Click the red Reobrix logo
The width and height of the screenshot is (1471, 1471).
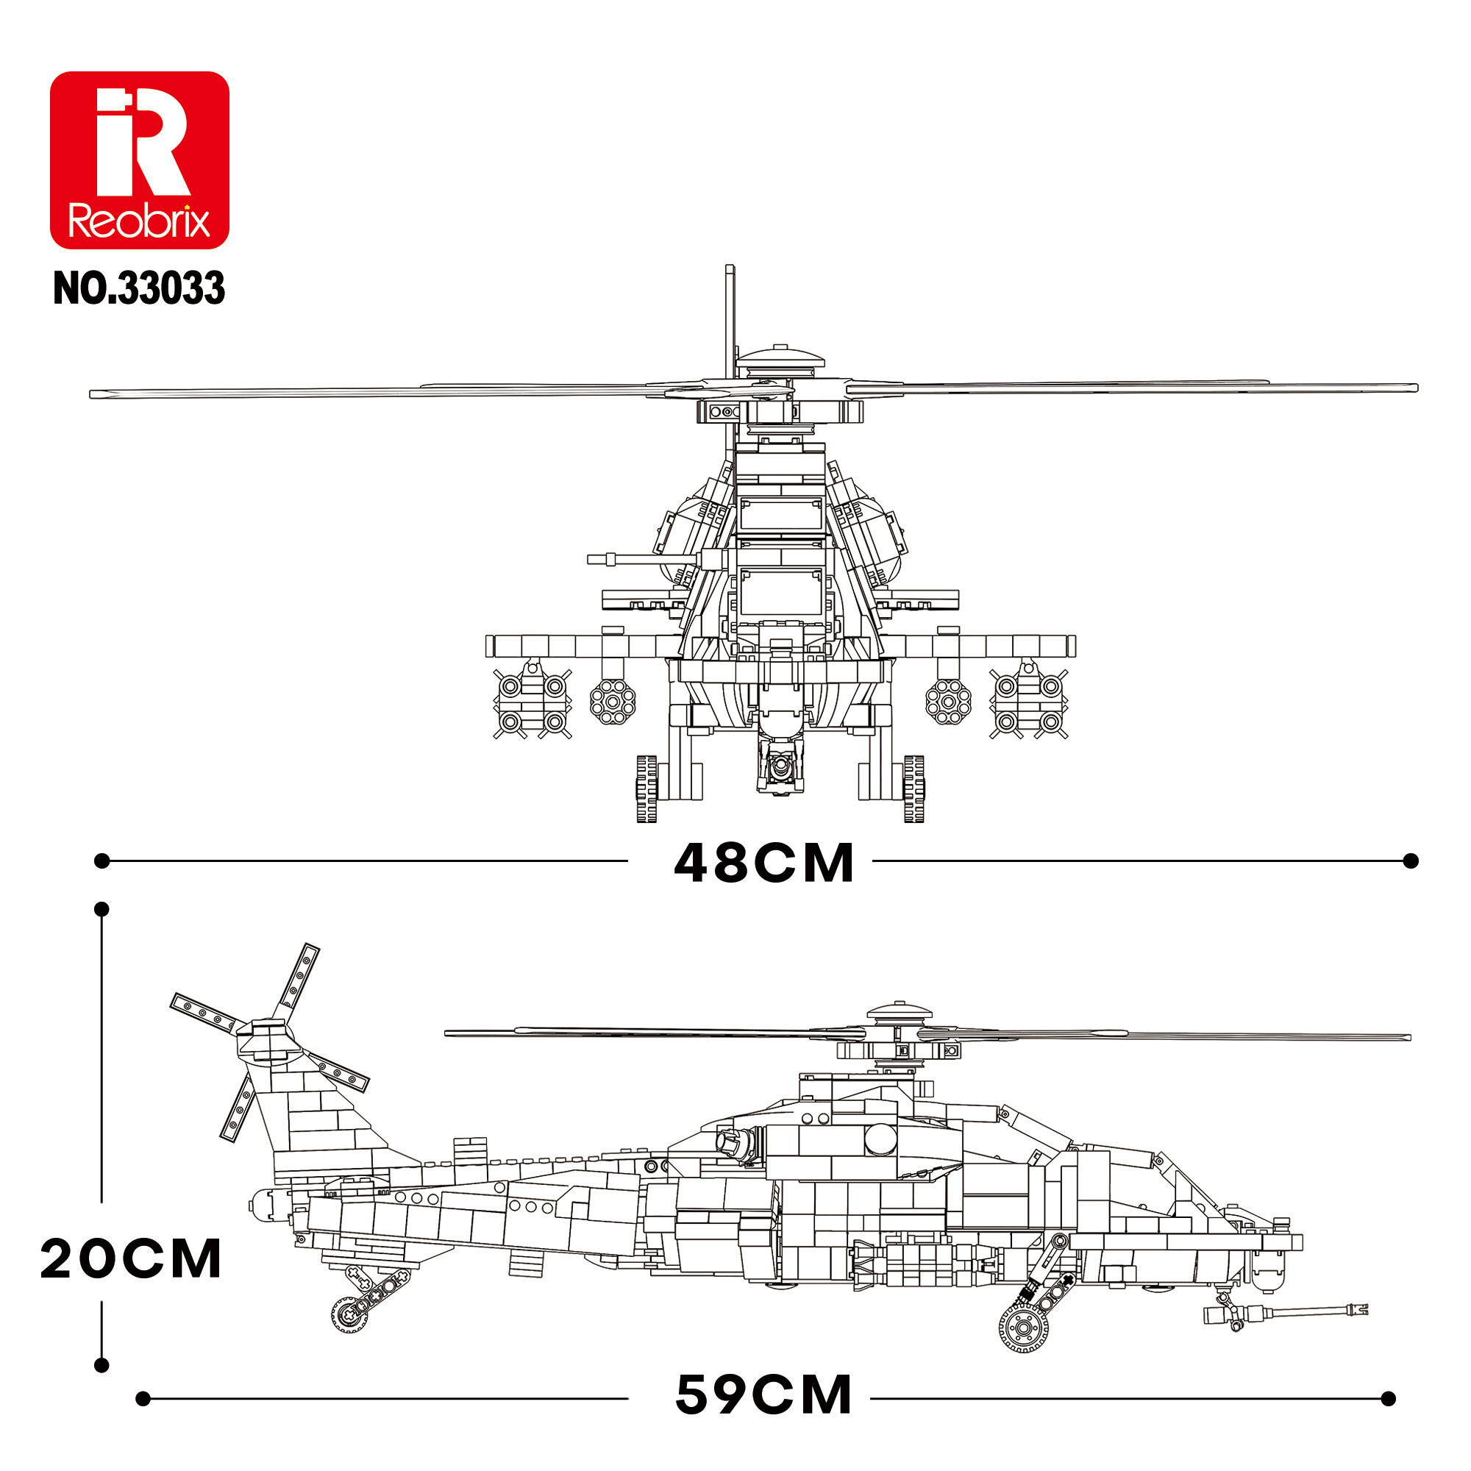[x=139, y=160]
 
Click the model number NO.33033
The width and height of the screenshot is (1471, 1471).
[x=139, y=288]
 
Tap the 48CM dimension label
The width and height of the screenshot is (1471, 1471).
[x=763, y=863]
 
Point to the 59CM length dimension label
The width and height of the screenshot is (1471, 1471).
[x=763, y=1396]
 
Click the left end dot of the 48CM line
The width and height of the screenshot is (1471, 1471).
[x=102, y=861]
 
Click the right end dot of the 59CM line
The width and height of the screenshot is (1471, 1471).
[x=1388, y=1399]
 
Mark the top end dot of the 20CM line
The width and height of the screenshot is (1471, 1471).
[x=101, y=909]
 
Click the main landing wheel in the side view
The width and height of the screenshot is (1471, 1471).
[x=1023, y=1327]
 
